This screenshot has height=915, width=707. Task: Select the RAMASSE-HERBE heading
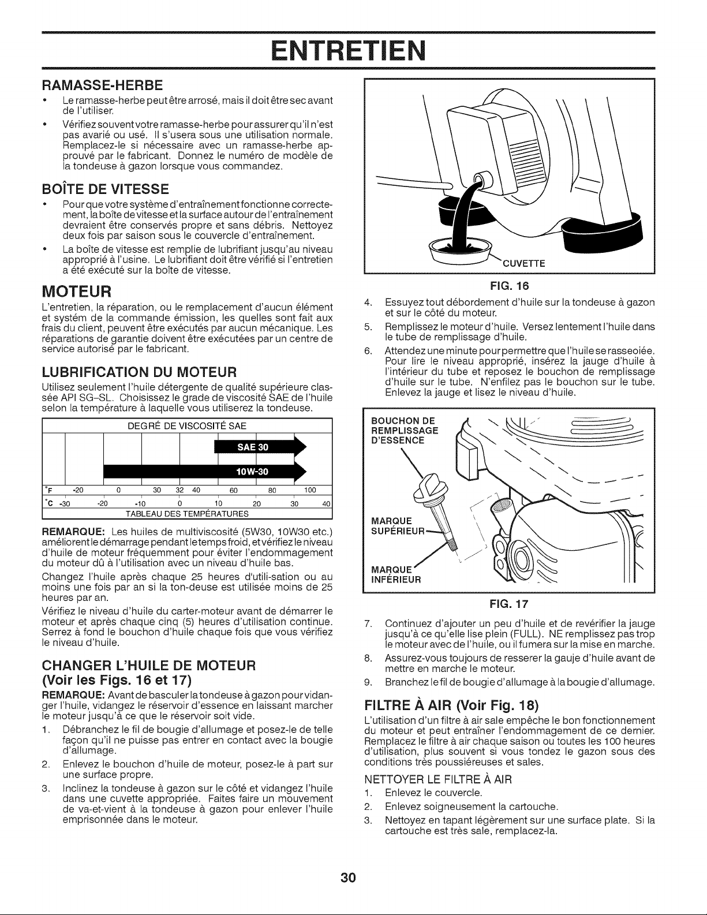(102, 85)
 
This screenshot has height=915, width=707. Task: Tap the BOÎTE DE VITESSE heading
(105, 188)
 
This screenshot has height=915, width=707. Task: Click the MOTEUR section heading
(77, 290)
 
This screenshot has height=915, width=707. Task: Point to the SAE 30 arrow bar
(260, 447)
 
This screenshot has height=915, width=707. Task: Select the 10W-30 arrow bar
(205, 471)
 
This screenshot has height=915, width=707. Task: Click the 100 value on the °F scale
(310, 490)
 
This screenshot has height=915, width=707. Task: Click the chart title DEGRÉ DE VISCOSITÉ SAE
(187, 425)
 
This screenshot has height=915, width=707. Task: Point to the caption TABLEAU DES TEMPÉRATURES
(187, 514)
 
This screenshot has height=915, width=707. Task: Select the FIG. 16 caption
(509, 286)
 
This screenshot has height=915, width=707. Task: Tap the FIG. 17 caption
(509, 604)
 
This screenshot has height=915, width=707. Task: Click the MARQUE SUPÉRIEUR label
(398, 526)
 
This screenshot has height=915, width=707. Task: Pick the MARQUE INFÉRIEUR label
(396, 575)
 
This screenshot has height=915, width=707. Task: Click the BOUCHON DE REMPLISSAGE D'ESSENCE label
(405, 430)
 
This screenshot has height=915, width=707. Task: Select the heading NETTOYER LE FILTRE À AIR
(437, 780)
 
